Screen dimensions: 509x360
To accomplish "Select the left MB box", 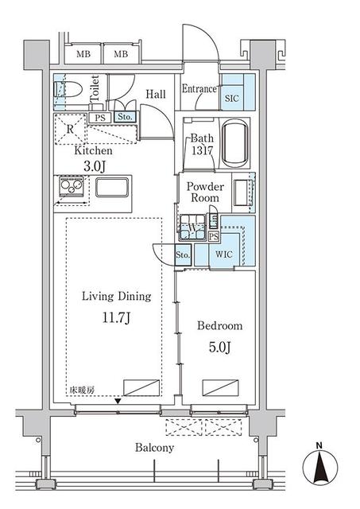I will point(83,54).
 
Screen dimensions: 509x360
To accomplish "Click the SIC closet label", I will point(232,99).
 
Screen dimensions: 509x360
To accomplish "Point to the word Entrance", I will point(199,89).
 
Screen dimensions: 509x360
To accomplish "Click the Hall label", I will point(156,94).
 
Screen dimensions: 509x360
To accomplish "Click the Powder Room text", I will point(205,192).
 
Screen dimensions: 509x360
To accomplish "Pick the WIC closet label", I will point(224,254).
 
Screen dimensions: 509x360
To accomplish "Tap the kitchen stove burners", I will point(68,188).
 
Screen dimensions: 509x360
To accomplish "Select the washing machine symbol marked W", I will point(193,229).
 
